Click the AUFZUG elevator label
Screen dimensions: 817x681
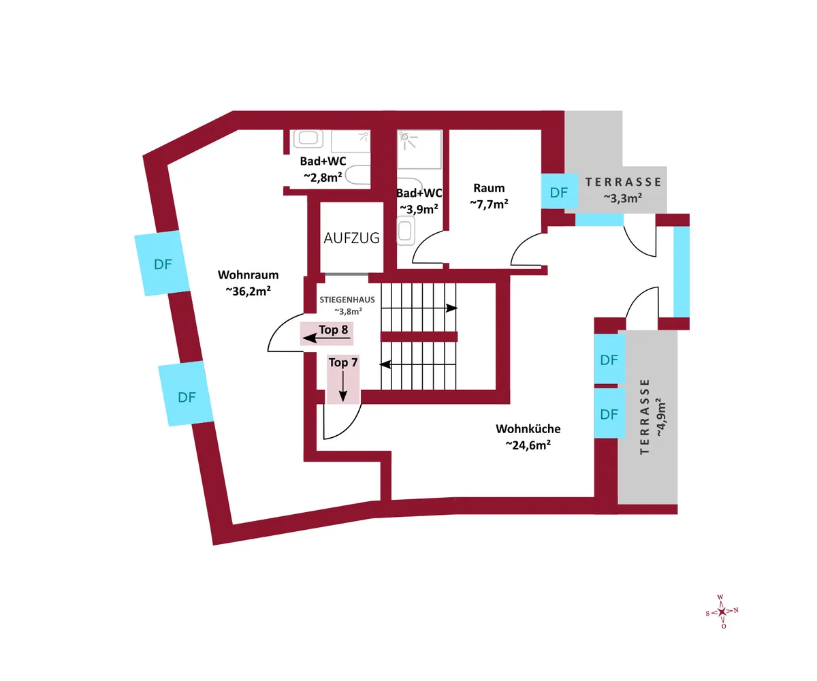coord(351,238)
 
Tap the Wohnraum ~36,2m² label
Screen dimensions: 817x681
coord(248,283)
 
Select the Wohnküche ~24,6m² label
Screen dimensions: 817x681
coord(528,437)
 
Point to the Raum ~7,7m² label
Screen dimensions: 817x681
coord(489,196)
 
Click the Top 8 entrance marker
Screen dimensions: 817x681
coord(327,334)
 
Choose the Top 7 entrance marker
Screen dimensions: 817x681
coord(343,379)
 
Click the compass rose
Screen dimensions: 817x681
coord(722,612)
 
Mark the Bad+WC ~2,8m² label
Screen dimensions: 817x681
coord(323,169)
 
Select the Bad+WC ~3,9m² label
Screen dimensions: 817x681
coord(419,201)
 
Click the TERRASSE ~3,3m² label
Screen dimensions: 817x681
coord(623,190)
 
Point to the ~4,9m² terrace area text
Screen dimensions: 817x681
coord(661,417)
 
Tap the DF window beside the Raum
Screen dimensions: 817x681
coord(559,192)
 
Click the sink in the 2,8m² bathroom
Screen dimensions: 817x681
coord(308,138)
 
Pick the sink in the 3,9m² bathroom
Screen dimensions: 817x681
coord(406,231)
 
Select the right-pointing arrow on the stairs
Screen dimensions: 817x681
coord(419,308)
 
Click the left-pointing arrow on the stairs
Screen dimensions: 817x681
coord(418,364)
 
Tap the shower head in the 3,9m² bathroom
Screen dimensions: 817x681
coord(404,136)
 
